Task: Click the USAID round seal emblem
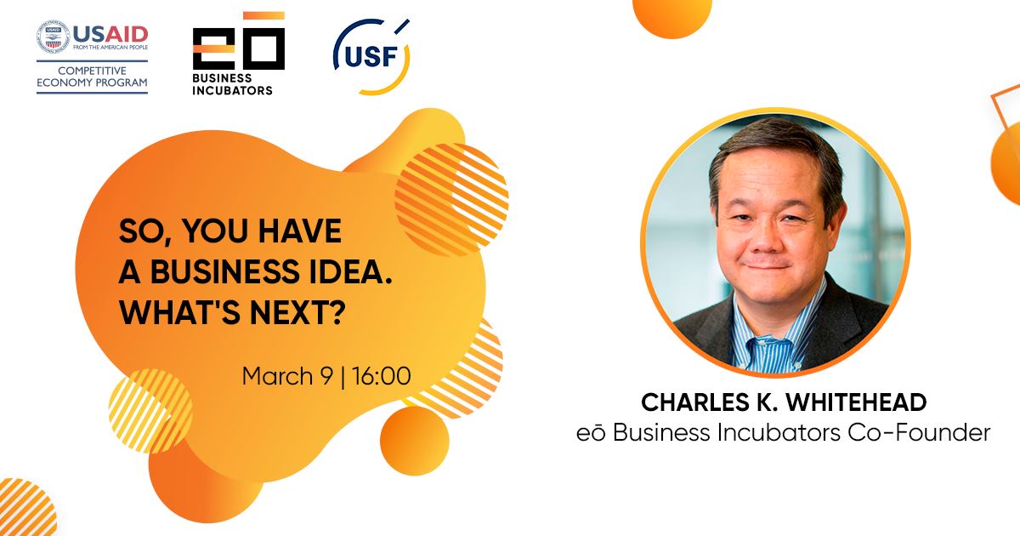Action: (54, 37)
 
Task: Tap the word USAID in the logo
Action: (110, 34)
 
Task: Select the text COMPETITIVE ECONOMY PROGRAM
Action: (92, 77)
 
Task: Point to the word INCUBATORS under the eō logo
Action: (232, 90)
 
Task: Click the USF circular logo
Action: (371, 57)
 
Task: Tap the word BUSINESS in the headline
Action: (225, 271)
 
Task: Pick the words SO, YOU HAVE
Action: (230, 231)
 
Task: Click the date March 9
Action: (288, 376)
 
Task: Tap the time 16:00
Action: (382, 376)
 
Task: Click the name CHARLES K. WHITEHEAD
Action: (784, 402)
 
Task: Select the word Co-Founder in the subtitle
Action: (919, 432)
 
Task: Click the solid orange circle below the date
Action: (415, 441)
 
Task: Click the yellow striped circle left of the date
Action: (150, 411)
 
